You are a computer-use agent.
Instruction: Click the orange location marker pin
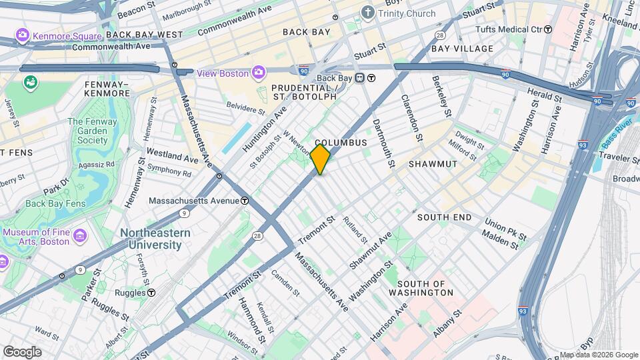click(320, 159)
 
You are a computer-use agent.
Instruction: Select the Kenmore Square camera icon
click(23, 34)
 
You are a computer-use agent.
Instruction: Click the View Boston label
click(222, 73)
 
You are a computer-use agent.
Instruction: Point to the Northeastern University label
click(155, 239)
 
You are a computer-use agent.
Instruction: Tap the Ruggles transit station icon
click(151, 292)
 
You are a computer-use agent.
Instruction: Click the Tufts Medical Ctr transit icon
click(548, 29)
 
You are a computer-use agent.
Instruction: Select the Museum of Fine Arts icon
click(81, 235)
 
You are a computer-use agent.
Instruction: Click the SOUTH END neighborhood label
click(444, 217)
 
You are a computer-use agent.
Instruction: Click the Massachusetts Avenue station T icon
click(245, 200)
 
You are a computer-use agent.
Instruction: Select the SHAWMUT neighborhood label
click(433, 164)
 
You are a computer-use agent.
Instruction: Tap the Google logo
click(22, 352)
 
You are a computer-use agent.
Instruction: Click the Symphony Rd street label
click(169, 171)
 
